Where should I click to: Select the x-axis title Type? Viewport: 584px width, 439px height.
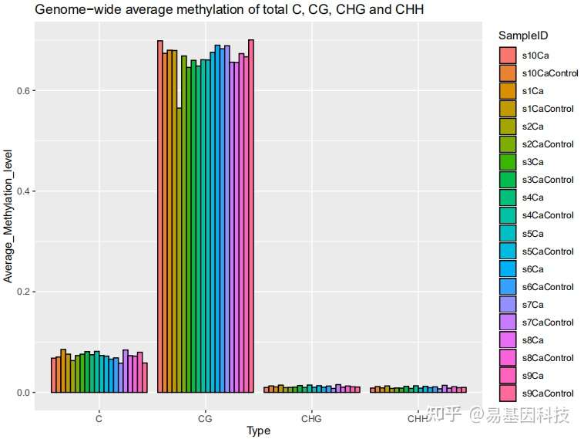tap(258, 431)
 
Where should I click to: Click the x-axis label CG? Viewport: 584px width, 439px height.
tap(205, 419)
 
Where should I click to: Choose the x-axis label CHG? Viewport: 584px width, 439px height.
tap(311, 419)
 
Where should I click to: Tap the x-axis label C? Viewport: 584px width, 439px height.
tap(99, 419)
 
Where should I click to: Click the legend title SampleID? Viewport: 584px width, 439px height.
tap(523, 36)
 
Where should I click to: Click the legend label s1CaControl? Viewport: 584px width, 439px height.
tap(548, 109)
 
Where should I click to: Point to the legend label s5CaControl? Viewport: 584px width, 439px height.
tap(548, 251)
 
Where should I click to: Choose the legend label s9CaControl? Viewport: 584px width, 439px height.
tap(548, 393)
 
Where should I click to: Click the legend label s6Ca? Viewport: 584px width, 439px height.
tap(533, 268)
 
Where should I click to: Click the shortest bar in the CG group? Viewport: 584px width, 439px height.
tap(179, 250)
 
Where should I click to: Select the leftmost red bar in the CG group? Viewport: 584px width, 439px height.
tap(160, 217)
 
